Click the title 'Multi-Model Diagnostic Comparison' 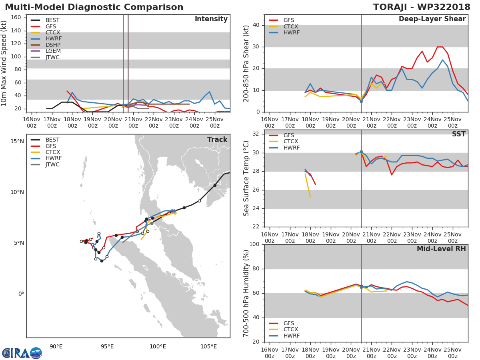tap(94, 7)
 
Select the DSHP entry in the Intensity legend tap(53, 45)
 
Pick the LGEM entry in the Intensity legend tap(53, 51)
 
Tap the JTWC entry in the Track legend tap(52, 164)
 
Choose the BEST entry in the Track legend tap(52, 140)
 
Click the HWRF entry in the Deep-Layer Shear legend tap(291, 32)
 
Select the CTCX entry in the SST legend tap(291, 141)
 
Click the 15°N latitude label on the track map tap(17, 141)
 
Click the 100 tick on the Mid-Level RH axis tap(254, 244)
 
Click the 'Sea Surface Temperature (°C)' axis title tap(246, 178)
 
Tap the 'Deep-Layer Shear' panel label tap(432, 19)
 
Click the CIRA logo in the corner tap(22, 353)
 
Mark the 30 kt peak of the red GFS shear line tap(439, 47)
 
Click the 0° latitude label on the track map tap(21, 294)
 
